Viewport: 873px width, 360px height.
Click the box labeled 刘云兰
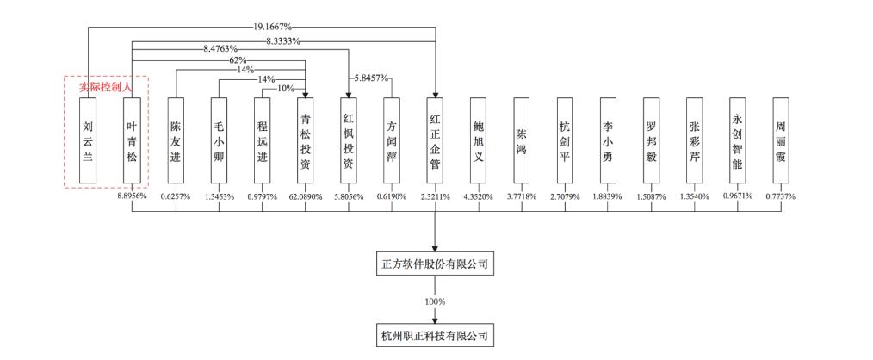(88, 140)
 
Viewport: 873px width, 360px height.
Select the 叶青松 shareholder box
(132, 140)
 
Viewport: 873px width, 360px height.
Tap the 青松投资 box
(305, 140)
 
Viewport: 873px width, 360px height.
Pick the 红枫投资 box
(349, 140)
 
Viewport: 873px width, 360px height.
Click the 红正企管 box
(436, 140)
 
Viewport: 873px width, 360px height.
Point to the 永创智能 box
(738, 140)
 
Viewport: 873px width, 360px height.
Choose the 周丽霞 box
(781, 140)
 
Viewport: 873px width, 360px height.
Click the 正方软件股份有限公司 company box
(435, 264)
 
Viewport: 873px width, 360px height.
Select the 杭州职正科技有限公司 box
(435, 336)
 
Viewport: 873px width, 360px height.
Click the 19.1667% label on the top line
(271, 26)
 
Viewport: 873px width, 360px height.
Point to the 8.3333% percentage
(283, 40)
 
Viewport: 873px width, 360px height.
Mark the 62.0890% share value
(305, 196)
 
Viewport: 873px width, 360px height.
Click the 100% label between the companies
(435, 301)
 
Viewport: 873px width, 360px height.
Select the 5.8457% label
(367, 78)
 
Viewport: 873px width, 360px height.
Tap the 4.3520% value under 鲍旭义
(479, 196)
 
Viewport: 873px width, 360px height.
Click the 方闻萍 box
(392, 140)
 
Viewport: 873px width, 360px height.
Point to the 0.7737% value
(781, 196)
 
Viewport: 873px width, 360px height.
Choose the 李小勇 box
(608, 140)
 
